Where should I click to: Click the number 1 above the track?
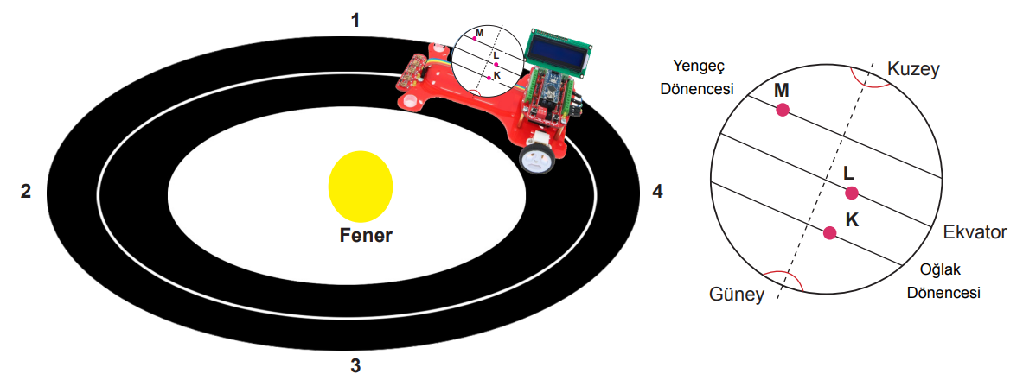pos(355,21)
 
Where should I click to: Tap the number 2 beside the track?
pos(26,192)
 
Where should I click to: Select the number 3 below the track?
pos(355,365)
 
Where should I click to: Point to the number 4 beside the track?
pos(657,192)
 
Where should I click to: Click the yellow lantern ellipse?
pos(360,187)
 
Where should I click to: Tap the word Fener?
pos(366,235)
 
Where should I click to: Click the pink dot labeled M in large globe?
pos(783,110)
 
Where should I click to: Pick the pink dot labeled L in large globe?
pos(852,193)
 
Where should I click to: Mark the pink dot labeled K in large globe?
pos(830,232)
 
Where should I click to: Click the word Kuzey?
pos(913,69)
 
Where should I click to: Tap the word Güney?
pos(737,295)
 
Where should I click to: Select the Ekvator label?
pos(975,232)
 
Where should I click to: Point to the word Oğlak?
pos(939,269)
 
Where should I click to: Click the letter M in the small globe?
pos(480,33)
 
